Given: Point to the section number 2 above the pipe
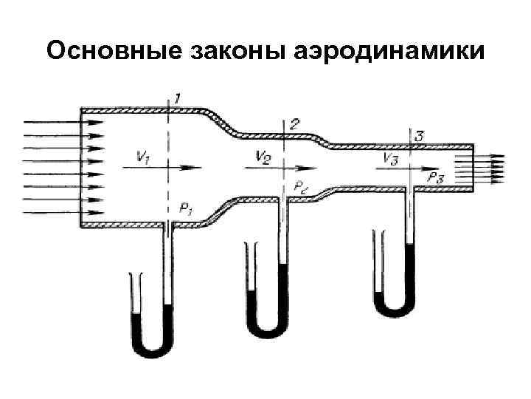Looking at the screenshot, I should point(294,123).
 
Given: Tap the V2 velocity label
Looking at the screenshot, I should point(263,155).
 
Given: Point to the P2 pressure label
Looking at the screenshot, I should point(302,187).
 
